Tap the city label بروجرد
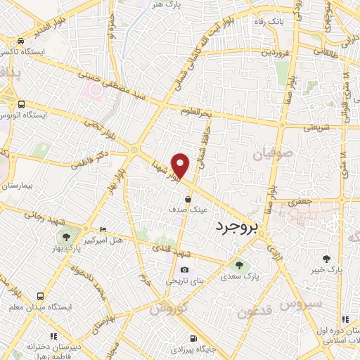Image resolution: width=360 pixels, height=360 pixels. (235, 226)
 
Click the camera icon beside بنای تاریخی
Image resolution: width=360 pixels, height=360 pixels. (184, 269)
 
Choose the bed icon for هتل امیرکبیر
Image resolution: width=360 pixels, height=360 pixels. (104, 229)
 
